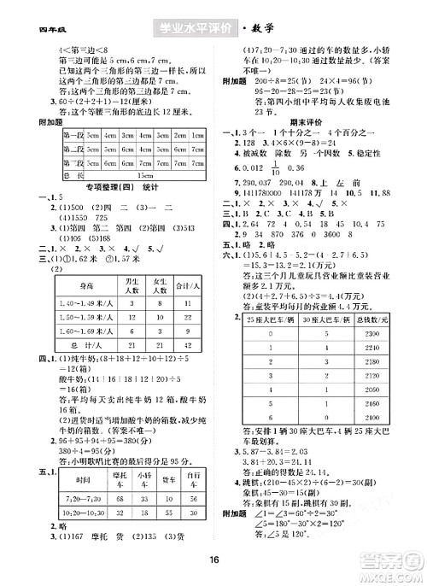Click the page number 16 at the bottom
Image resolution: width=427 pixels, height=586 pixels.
[x=214, y=547]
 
